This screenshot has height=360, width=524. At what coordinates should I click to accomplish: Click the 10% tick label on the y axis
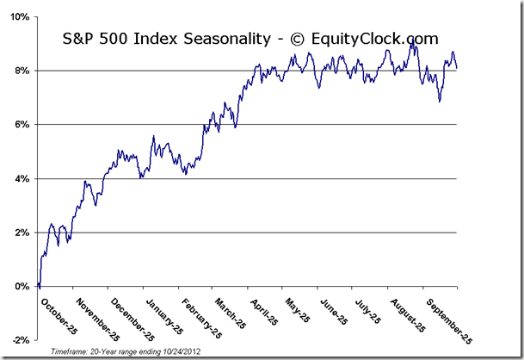[x=20, y=17]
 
